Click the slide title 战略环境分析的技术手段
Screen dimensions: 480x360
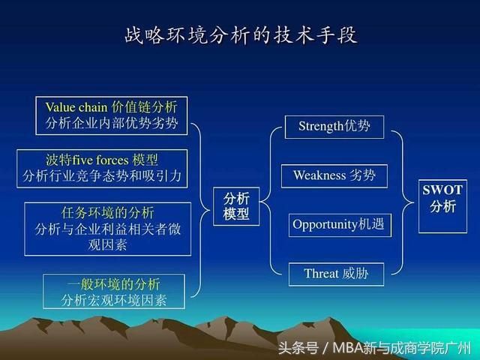[241, 34]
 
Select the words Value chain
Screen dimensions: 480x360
[76, 107]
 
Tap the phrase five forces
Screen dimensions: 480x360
[100, 160]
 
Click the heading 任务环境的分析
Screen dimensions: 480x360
[107, 212]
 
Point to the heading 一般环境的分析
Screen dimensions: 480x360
[113, 284]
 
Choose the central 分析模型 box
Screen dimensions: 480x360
[236, 206]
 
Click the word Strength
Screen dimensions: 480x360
[321, 126]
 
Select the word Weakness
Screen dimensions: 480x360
[319, 175]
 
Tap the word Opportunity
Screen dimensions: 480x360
[325, 225]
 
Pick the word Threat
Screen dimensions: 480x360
[321, 274]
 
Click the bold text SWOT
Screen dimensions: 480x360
[442, 190]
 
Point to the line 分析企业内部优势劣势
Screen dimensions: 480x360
[112, 123]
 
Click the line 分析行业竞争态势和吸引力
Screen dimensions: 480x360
[102, 176]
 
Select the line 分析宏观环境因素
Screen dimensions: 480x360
[113, 300]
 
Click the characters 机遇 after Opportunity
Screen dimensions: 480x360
[371, 224]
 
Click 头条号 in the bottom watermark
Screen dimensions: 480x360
[298, 348]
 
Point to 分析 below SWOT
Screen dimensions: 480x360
[442, 206]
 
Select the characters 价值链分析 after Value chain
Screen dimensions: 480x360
[144, 107]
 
